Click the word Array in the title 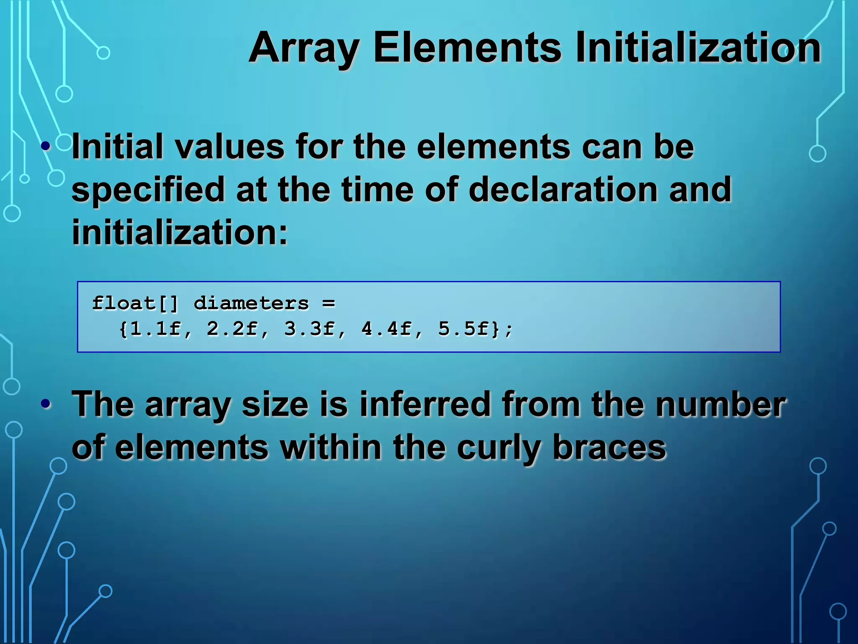click(304, 49)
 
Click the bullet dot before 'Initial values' click(46, 147)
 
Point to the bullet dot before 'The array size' click(46, 404)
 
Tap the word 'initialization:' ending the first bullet click(180, 232)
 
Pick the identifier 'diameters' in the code click(251, 304)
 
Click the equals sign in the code click(329, 304)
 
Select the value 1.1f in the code click(155, 329)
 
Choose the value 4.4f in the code click(386, 329)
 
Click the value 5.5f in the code click(463, 329)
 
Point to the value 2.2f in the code click(232, 329)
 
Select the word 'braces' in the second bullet click(609, 448)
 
